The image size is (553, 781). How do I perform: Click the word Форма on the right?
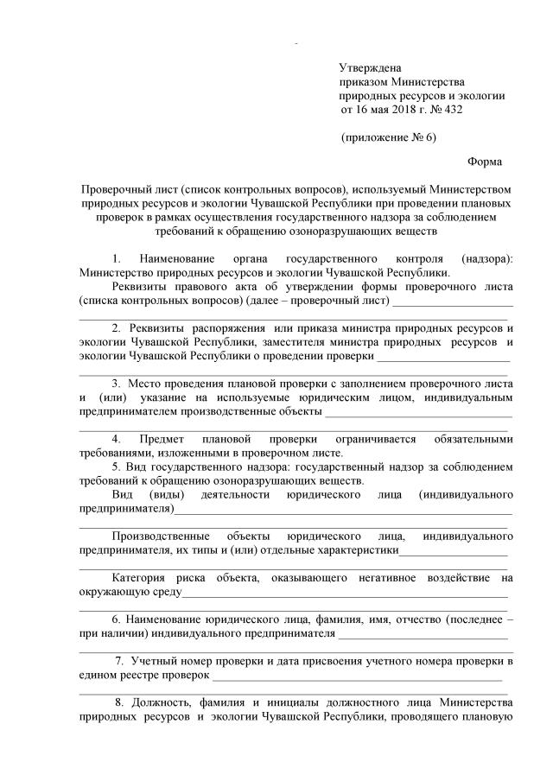click(484, 162)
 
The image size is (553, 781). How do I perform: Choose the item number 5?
click(117, 467)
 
